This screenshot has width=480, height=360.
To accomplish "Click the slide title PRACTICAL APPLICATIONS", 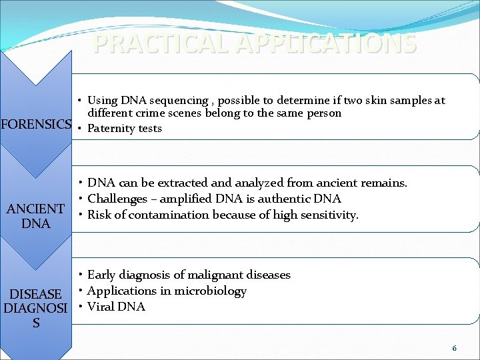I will coord(255,43).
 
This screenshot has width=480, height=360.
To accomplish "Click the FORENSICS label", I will coord(36,124).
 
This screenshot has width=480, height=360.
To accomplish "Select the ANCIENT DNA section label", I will coord(35,216).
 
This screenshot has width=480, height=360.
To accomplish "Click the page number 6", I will coord(454,348).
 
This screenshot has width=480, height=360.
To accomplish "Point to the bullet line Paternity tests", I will coord(125,129).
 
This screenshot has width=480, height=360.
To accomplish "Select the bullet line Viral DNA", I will coord(116,307).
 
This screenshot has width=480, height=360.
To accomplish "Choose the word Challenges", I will coord(117,199).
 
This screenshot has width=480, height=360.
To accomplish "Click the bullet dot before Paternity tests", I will coord(79,128).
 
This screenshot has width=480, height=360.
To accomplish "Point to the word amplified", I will coord(177,199).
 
